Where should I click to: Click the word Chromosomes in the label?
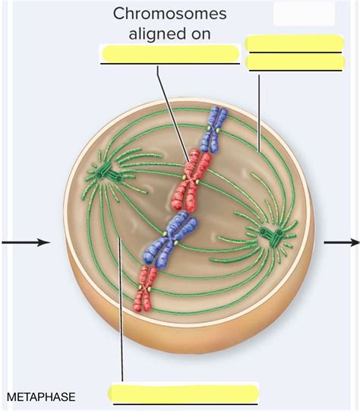(x=170, y=14)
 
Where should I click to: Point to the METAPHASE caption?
(x=41, y=397)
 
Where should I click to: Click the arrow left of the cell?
(x=26, y=242)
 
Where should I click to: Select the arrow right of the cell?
(x=342, y=242)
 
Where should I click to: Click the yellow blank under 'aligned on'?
(x=170, y=53)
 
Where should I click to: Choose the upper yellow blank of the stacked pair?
(x=294, y=43)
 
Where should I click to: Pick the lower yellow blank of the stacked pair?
(x=295, y=62)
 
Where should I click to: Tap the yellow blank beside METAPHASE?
(x=183, y=394)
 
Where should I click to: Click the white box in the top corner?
(x=304, y=13)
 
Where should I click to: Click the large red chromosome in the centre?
(x=191, y=180)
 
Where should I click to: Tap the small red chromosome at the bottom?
(x=145, y=289)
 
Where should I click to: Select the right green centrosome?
(x=272, y=235)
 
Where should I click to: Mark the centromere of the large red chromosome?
(x=191, y=179)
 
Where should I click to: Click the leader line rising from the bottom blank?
(x=121, y=349)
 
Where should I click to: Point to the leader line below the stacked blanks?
(x=259, y=113)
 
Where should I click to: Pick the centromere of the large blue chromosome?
(x=170, y=238)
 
